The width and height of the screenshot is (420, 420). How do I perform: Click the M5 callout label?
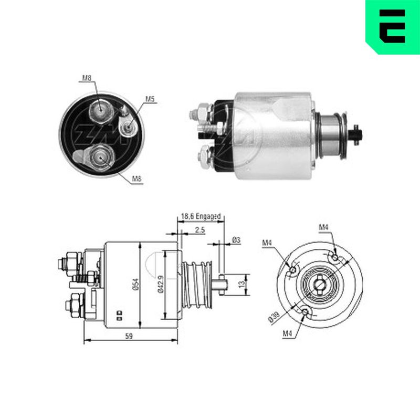[x=150, y=99]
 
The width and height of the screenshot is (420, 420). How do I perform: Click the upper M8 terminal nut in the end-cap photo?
[x=100, y=110]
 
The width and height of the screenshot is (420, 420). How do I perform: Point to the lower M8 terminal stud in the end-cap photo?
[x=101, y=157]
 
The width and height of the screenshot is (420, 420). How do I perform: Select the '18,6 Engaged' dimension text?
[x=201, y=216]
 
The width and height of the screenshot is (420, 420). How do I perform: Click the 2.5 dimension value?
[x=200, y=229]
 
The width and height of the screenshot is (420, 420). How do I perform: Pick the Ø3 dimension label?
[x=236, y=240]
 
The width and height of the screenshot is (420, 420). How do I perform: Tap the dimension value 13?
[x=243, y=284]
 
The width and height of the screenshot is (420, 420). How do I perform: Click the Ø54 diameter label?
[x=136, y=284]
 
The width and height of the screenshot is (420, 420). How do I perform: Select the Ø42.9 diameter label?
[x=161, y=284]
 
